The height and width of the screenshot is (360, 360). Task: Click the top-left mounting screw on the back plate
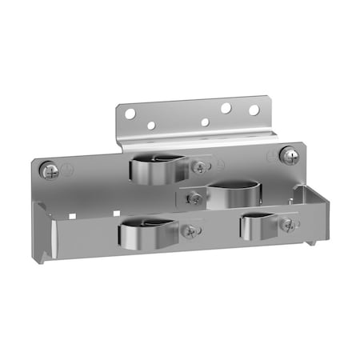50,170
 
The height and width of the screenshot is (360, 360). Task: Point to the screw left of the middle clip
194,198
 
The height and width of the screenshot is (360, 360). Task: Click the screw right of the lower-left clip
190,231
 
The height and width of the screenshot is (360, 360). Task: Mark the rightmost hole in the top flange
254,110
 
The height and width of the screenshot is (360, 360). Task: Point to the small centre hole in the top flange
205,122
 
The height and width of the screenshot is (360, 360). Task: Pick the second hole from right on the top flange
226,107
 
